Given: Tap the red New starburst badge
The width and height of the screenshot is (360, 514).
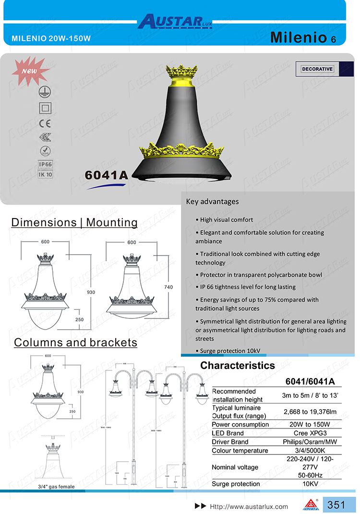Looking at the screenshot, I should click(29, 71).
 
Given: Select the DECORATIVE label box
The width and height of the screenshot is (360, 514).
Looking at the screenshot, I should click(317, 69).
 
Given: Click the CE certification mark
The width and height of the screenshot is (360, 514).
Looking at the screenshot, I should click(45, 122).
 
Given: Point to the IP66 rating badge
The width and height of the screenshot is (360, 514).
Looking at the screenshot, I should click(45, 164).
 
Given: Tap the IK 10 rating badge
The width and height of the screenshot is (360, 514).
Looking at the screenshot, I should click(45, 174).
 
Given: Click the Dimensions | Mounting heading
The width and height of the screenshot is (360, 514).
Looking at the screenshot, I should click(74, 222).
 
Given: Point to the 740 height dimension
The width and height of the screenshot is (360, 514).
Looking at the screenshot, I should click(168, 287).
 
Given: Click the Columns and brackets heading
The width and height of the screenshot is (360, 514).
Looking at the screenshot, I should click(75, 343).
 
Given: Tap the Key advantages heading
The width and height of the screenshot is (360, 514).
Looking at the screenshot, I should click(212, 202).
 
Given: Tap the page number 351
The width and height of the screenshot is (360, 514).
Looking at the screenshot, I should click(336, 505).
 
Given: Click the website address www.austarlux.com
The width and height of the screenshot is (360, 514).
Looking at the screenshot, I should click(249, 506).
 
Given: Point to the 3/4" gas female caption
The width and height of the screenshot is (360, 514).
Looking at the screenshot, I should click(56, 487).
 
